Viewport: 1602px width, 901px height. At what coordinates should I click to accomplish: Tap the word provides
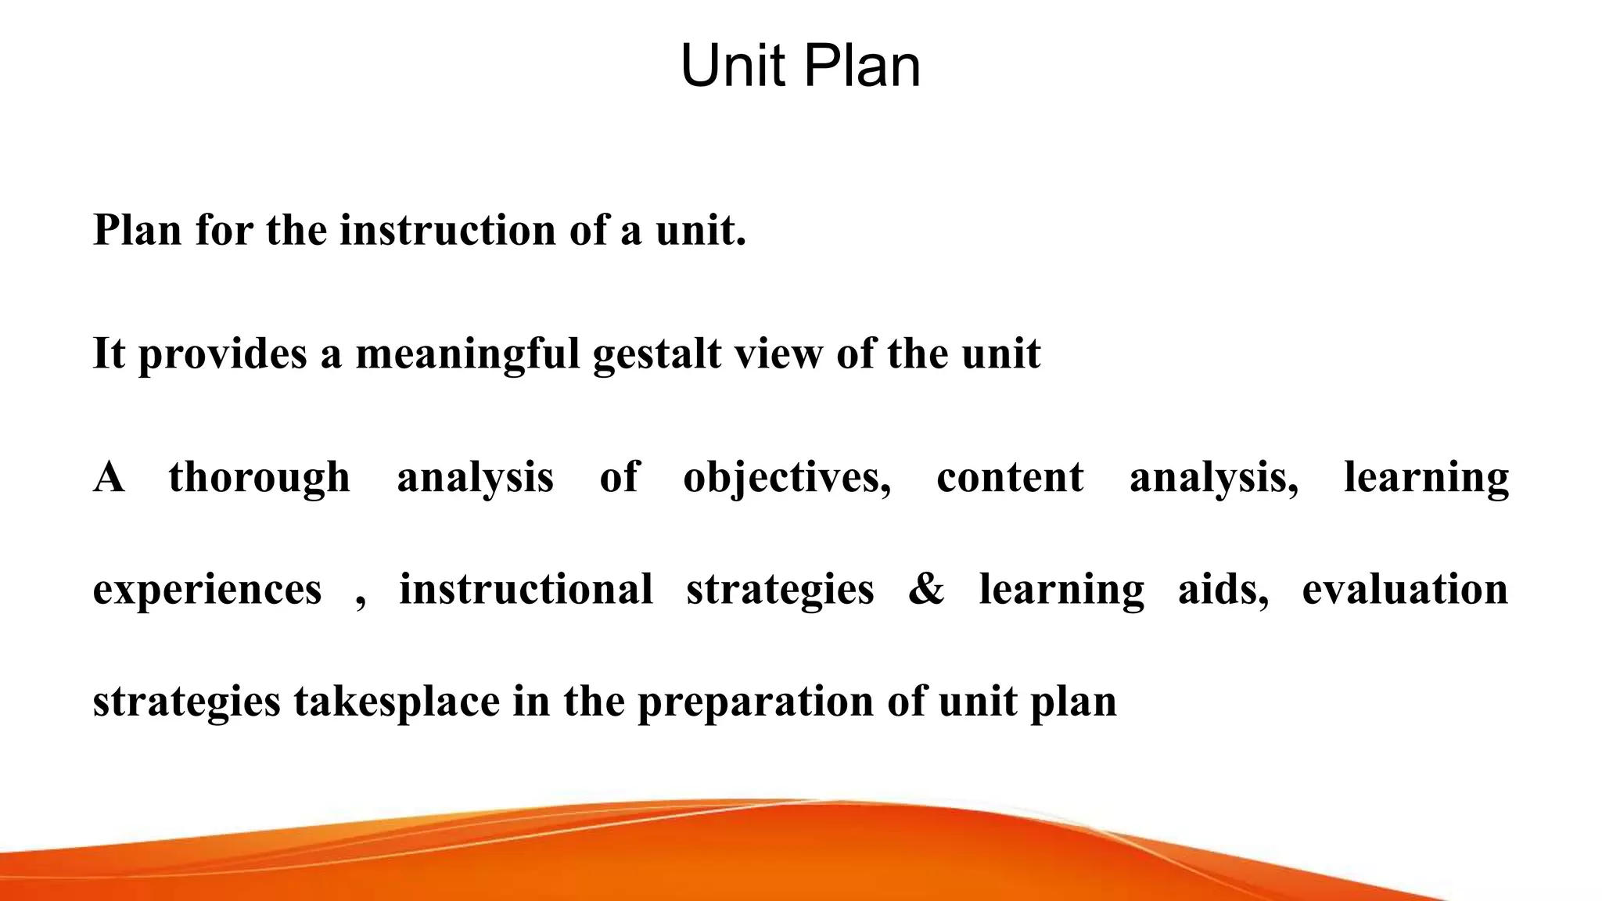pos(223,354)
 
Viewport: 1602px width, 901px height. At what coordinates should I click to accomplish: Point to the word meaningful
pos(467,354)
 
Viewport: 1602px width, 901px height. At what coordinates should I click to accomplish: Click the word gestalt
pos(657,354)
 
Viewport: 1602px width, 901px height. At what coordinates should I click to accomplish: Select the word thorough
pos(259,478)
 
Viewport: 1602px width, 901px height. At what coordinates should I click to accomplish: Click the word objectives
pos(786,478)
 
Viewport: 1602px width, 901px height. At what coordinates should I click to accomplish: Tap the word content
pos(1010,478)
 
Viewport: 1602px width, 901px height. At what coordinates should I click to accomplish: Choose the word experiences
pos(207,590)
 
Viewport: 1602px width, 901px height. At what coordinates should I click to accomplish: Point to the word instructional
pos(526,590)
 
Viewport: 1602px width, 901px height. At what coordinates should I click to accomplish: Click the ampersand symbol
pos(926,590)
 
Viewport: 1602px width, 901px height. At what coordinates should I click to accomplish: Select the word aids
pos(1223,590)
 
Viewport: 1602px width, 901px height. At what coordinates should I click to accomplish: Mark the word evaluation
pos(1405,590)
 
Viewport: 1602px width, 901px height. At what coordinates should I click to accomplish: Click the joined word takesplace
pos(397,702)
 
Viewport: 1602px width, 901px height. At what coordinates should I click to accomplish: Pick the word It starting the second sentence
pos(109,354)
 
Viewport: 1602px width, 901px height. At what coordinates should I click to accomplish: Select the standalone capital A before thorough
pos(109,478)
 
